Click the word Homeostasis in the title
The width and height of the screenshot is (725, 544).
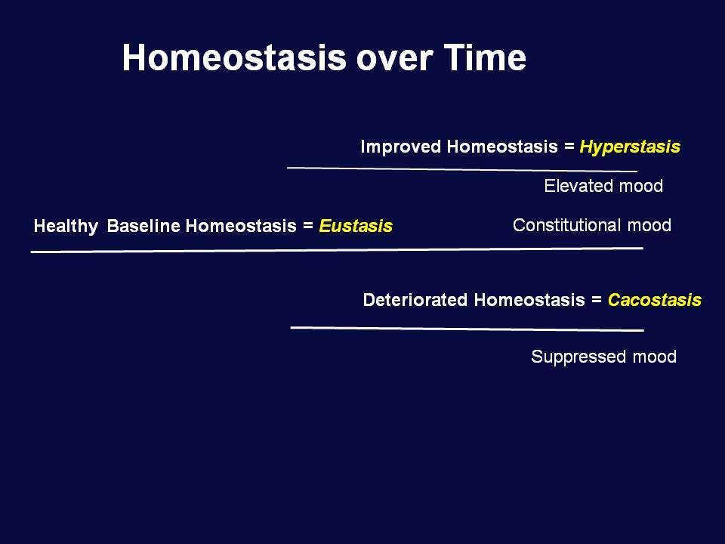234,57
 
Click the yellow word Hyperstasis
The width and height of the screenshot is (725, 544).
630,147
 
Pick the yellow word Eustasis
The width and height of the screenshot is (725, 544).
356,226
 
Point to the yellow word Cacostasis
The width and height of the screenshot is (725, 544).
655,300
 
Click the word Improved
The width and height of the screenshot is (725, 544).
401,147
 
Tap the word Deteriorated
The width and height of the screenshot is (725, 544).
415,300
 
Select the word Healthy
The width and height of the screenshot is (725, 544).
66,226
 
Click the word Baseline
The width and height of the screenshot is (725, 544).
143,226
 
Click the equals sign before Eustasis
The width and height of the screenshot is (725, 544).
308,226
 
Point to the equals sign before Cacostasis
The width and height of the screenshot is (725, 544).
597,300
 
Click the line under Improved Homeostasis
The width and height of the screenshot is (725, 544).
462,169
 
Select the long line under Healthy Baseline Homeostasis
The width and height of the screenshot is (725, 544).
337,250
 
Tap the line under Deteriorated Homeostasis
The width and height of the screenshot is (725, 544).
467,329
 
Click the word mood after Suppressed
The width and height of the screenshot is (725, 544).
655,357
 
